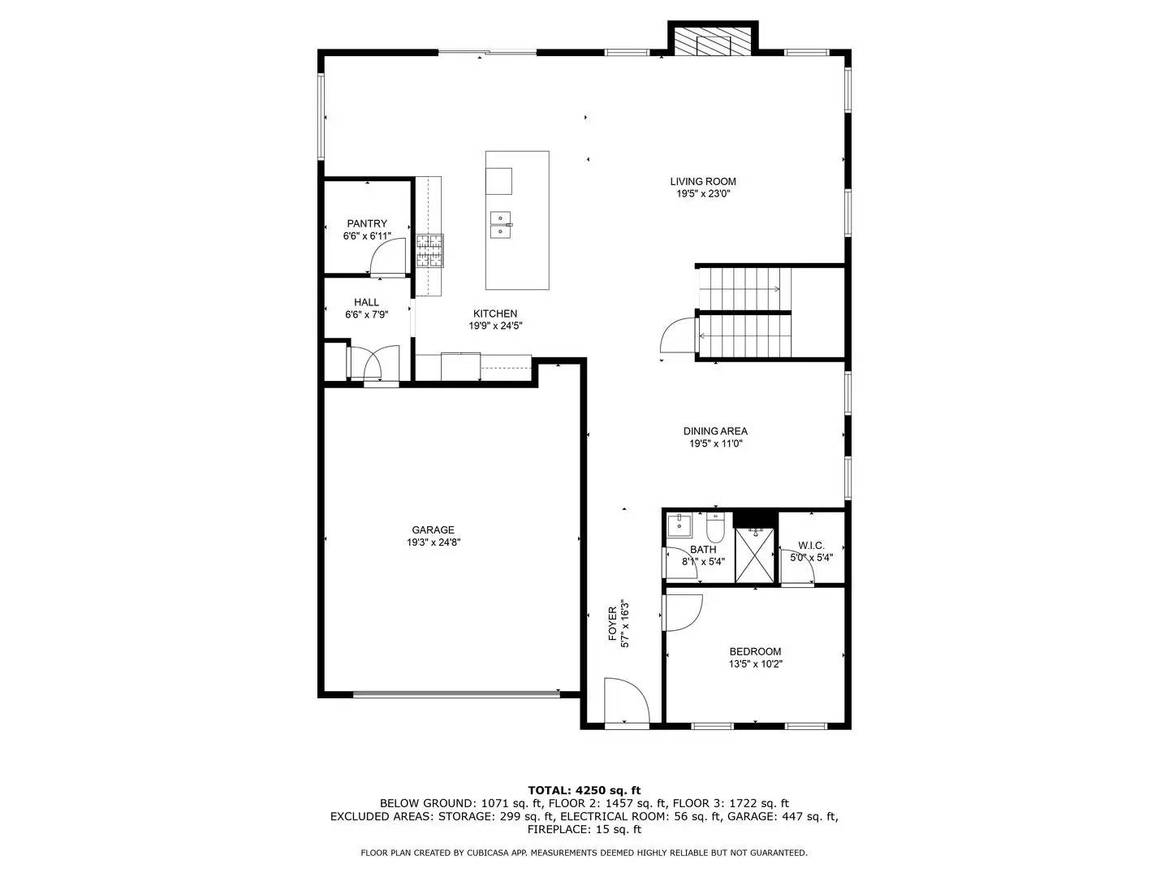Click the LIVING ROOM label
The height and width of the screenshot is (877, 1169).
[x=703, y=182]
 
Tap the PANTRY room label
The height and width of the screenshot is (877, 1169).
[x=367, y=224]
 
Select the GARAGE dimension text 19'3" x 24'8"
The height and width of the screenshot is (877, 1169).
[x=434, y=542]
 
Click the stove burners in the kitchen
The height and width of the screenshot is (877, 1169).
[x=430, y=250]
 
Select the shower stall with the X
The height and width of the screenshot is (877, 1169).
[x=755, y=555]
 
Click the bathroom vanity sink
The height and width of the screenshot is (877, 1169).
[x=679, y=525]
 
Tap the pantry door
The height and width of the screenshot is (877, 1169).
[x=388, y=261]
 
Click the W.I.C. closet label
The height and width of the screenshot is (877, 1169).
[x=811, y=546]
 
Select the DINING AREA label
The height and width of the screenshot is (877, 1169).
[x=715, y=432]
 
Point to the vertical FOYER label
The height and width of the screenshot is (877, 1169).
[x=614, y=624]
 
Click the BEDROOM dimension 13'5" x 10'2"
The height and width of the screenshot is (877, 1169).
[x=755, y=664]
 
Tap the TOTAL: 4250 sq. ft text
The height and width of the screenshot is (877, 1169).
[x=584, y=790]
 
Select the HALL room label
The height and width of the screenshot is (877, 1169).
[x=366, y=303]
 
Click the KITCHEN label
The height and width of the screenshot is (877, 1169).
[x=495, y=314]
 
